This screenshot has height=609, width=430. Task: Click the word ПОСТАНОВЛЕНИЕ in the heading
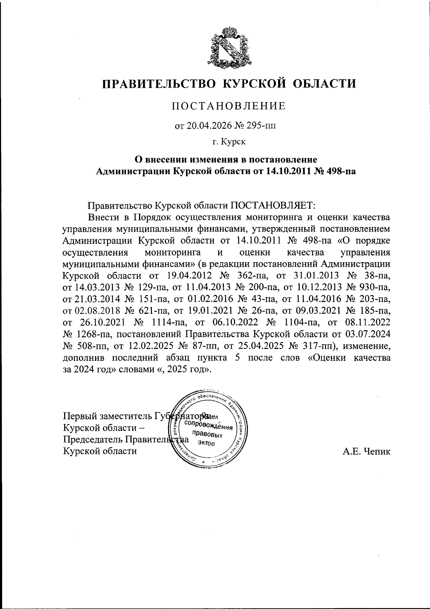pyautogui.click(x=229, y=106)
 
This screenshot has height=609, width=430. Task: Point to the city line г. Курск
pyautogui.click(x=229, y=142)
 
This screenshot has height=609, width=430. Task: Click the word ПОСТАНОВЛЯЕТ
pyautogui.click(x=272, y=206)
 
